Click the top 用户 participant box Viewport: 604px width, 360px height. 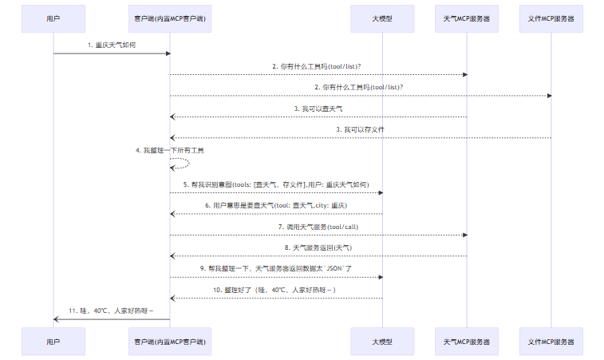point(53,18)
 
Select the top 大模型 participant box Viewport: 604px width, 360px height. point(382,18)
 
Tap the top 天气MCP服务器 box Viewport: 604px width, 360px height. point(467,18)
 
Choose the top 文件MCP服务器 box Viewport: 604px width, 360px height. point(551,18)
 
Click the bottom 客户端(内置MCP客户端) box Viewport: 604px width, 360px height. point(170,342)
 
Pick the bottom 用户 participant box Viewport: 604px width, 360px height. point(53,342)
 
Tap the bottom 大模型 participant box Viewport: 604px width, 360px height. point(382,342)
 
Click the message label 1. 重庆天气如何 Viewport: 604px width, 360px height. point(112,45)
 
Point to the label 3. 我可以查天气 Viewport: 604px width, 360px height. point(318,109)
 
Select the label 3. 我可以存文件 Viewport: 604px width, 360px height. point(360,129)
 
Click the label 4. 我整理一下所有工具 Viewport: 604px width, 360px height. point(169,150)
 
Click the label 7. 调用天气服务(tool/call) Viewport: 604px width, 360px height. point(318,227)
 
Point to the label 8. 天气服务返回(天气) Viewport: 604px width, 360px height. point(318,247)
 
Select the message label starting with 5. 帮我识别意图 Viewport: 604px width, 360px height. point(276,184)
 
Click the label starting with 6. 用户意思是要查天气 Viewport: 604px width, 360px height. point(276,205)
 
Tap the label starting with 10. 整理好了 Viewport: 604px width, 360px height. point(274,290)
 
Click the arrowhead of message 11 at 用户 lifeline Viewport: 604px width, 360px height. point(56,319)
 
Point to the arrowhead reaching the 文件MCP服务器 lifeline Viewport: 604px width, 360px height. point(549,96)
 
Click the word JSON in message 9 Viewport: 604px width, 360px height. point(334,269)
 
